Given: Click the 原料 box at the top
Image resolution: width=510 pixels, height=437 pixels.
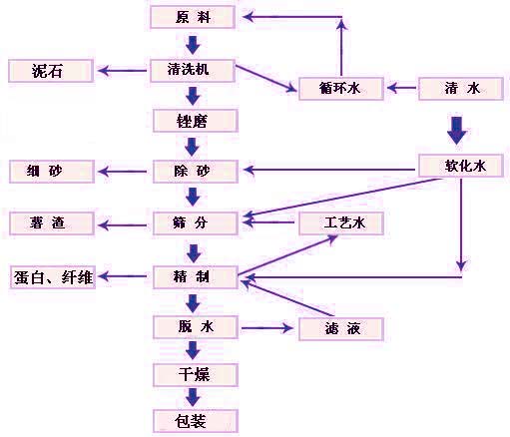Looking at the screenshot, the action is click(x=193, y=17).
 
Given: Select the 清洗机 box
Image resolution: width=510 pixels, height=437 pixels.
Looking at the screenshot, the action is click(x=193, y=71).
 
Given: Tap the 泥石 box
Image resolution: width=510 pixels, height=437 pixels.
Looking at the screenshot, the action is click(x=51, y=71).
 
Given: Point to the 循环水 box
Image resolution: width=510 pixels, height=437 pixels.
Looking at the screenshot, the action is click(x=341, y=89).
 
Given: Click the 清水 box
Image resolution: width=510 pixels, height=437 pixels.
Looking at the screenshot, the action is click(x=461, y=89).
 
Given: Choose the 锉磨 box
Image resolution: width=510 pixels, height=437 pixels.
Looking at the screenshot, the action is click(x=196, y=121).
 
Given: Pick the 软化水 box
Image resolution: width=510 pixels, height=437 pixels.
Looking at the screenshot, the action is click(x=461, y=166).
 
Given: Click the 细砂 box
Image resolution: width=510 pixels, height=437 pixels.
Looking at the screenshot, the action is click(x=52, y=172).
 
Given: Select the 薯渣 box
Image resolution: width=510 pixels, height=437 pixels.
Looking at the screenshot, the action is click(x=52, y=223).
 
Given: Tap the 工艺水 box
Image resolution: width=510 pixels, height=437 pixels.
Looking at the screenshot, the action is click(x=341, y=223).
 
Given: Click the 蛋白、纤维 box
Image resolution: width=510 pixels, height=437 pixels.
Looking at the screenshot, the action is click(x=53, y=277).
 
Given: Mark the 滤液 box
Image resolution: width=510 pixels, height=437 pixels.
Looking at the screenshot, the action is click(x=341, y=329).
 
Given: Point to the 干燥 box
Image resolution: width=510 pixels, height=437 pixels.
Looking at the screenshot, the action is click(x=196, y=375).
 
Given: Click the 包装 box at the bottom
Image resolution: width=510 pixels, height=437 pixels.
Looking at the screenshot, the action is click(x=196, y=421).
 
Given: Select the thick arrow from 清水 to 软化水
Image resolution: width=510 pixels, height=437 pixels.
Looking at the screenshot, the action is click(x=456, y=131).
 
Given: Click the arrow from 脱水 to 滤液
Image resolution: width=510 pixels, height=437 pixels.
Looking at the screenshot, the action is click(x=267, y=328).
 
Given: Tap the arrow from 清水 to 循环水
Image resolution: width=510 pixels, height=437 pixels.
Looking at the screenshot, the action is click(x=401, y=88).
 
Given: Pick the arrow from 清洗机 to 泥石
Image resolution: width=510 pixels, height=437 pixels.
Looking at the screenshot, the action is click(x=122, y=71).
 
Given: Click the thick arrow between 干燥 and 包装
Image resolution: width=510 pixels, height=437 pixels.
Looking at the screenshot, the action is click(x=193, y=397).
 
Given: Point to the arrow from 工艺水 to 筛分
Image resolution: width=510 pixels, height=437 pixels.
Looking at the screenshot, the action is click(x=268, y=222).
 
